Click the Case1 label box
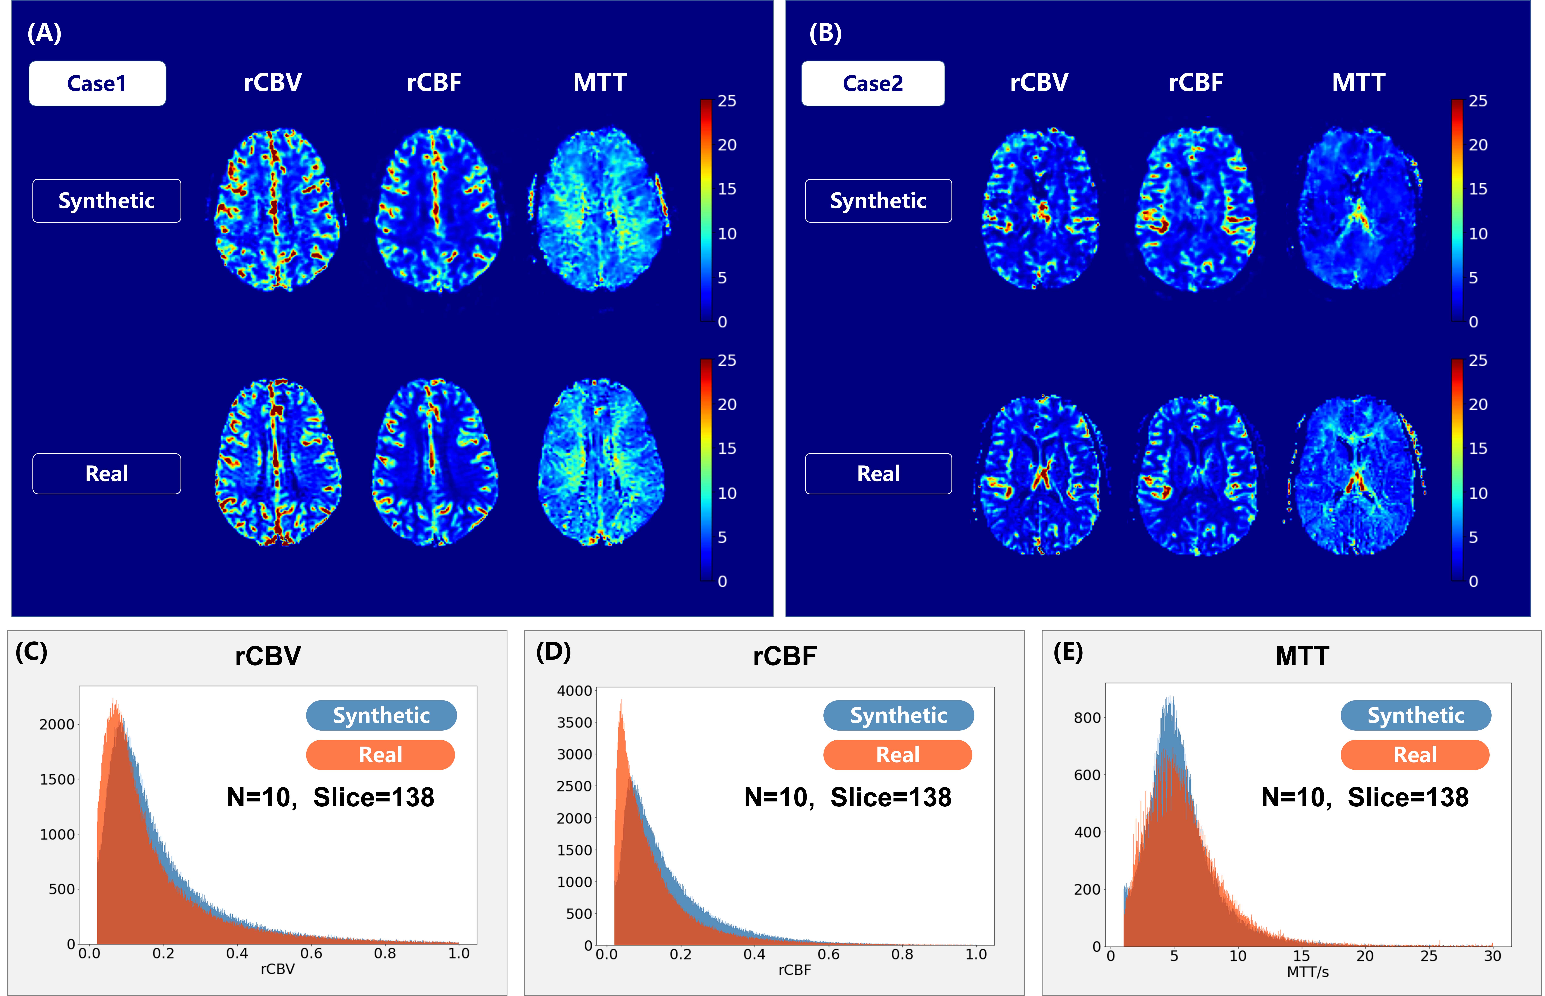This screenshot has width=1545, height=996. (97, 83)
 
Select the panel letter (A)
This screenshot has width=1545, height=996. (44, 32)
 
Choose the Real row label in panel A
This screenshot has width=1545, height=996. (107, 473)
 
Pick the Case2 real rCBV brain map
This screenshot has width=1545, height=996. (1039, 475)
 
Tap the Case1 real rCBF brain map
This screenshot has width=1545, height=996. (435, 462)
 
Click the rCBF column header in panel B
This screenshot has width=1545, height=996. (1196, 83)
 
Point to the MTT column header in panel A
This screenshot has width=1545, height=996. (599, 83)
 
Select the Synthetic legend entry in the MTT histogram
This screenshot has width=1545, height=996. (1416, 715)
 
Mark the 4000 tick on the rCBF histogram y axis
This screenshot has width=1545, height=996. (574, 691)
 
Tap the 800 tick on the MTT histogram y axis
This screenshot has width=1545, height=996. (1087, 718)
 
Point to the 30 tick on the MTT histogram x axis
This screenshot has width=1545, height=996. (1492, 956)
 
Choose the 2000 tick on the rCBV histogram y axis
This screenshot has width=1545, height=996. (57, 724)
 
